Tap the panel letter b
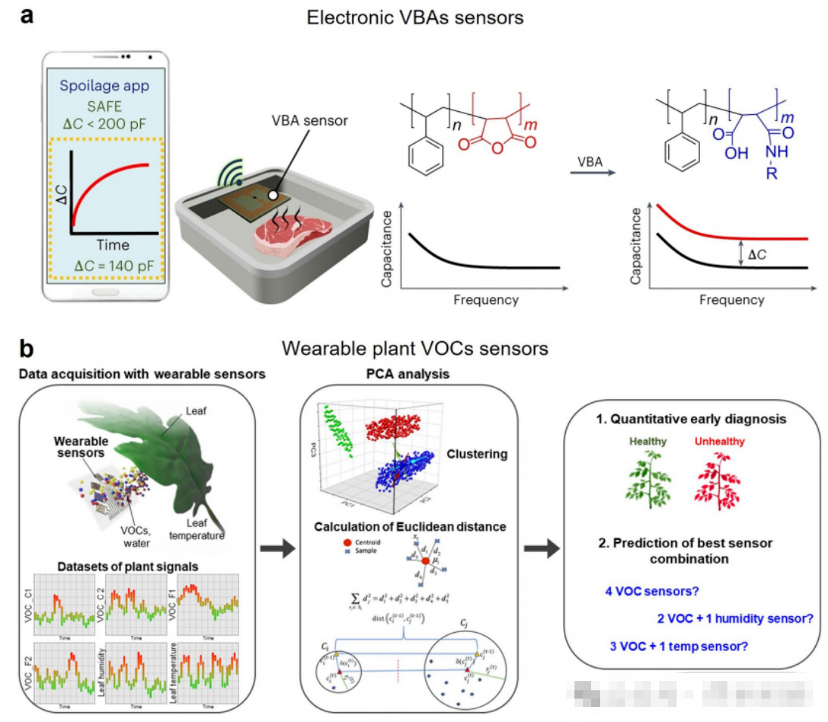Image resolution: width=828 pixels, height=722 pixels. pos(28,349)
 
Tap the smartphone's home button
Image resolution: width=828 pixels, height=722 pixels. pos(104,291)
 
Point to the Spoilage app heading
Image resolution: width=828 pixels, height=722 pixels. pos(104,85)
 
